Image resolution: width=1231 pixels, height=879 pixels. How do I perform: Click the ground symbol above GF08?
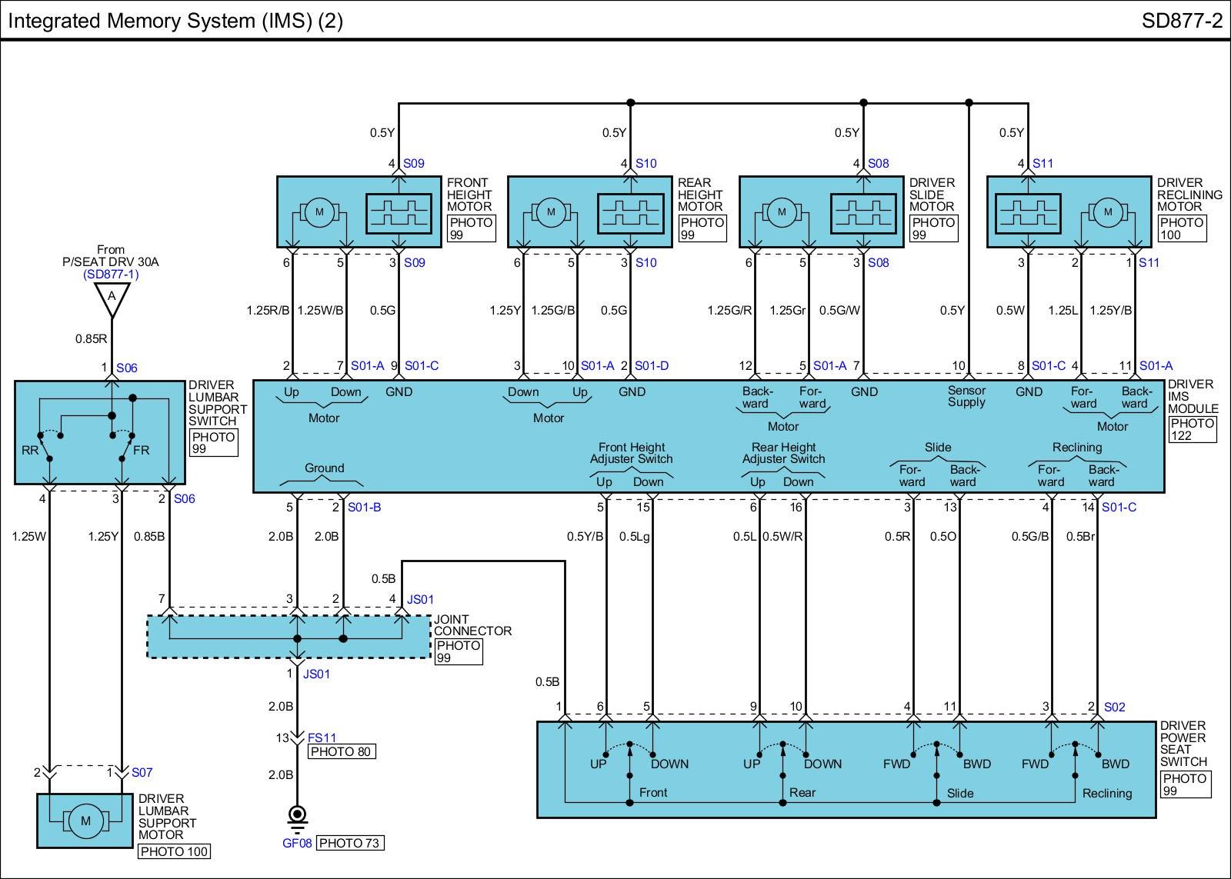(297, 816)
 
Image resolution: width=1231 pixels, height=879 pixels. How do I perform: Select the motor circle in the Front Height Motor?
(319, 212)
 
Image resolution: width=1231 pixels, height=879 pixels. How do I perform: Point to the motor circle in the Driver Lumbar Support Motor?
(85, 821)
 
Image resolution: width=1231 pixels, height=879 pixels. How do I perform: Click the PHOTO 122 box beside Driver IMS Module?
(1192, 429)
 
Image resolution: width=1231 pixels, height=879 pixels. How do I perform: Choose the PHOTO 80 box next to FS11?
(342, 751)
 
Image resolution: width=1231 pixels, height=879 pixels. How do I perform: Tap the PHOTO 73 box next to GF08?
(349, 843)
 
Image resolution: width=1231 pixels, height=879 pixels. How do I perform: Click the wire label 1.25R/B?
(268, 311)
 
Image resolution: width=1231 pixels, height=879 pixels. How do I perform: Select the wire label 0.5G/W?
(839, 311)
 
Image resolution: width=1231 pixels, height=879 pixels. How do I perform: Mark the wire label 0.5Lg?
(635, 537)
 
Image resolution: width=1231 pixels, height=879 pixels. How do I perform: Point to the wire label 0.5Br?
(1080, 537)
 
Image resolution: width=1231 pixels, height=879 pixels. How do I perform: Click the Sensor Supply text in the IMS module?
(966, 396)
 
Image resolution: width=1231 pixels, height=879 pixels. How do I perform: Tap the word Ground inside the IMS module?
(324, 468)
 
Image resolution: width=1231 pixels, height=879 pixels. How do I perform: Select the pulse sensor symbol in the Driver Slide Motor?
(863, 212)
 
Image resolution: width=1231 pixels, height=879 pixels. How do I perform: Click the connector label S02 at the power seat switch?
(1114, 707)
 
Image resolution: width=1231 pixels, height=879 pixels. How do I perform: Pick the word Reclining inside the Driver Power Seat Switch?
(1106, 793)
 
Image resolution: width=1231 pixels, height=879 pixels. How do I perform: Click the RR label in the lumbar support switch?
(30, 450)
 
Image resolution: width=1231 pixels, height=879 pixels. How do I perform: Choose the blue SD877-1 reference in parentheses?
(111, 274)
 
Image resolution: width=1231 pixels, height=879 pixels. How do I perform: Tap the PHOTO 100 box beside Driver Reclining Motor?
(1181, 228)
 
